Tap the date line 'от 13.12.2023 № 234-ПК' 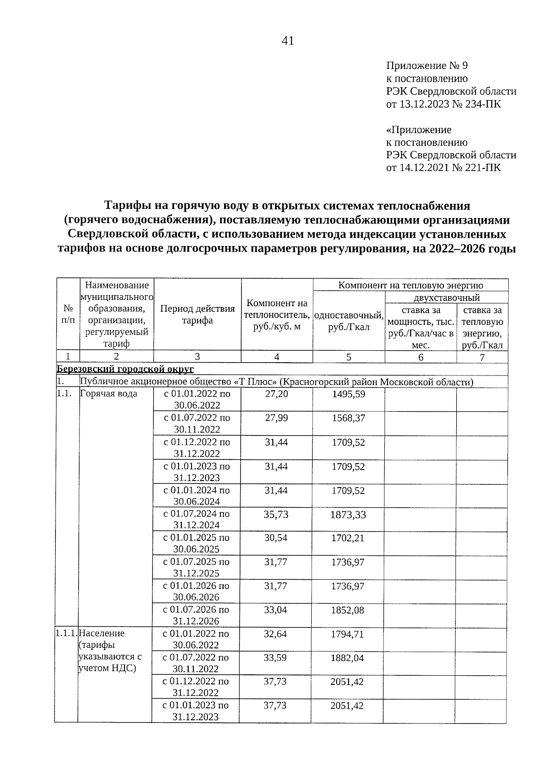444,104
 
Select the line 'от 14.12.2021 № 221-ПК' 444,168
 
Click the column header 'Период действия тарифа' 197,314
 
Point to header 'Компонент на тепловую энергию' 410,285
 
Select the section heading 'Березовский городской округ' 125,369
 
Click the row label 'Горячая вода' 108,394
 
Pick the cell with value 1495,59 349,394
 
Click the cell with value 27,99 276,418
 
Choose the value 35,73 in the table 276,515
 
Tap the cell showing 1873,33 349,515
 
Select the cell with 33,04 276,610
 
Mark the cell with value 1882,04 347,658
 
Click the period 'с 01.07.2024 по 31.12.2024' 197,519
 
